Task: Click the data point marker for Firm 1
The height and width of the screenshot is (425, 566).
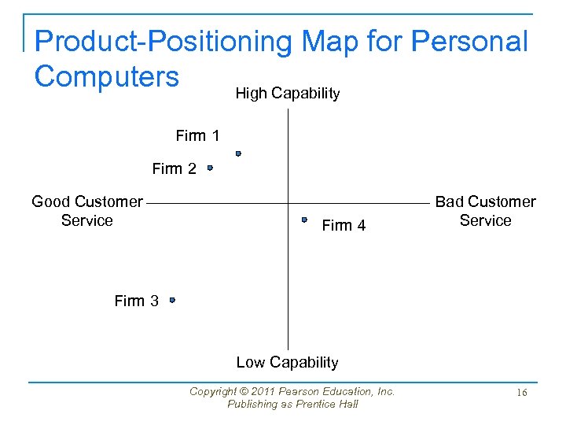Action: (x=237, y=154)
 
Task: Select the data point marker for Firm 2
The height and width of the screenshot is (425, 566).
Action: (x=210, y=168)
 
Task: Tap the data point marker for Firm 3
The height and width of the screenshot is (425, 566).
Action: (x=172, y=300)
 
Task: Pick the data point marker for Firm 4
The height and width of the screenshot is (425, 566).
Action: (x=304, y=220)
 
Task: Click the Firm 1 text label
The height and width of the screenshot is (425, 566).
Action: (x=197, y=136)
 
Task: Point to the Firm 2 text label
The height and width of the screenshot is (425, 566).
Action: (x=174, y=168)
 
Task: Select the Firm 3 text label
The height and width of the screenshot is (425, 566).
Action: (x=136, y=301)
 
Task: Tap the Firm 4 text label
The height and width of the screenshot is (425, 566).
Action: (x=344, y=226)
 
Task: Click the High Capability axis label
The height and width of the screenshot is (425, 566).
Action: (x=288, y=94)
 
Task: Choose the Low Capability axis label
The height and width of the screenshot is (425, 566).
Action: (x=287, y=362)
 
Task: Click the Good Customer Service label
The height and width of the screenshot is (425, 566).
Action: (x=87, y=211)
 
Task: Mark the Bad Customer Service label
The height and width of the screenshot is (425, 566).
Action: (x=485, y=211)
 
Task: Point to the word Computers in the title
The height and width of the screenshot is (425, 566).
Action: (x=107, y=76)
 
